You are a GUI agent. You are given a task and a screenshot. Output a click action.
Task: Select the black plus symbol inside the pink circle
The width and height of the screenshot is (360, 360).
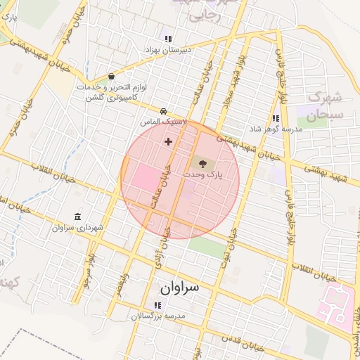(168, 141)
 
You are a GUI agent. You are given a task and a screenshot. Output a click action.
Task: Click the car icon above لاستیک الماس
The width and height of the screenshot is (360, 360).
(163, 111)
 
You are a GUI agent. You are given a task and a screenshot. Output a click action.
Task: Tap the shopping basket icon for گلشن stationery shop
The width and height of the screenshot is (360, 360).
(111, 77)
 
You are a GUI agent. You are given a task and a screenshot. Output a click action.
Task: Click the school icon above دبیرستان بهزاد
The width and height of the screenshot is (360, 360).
(167, 39)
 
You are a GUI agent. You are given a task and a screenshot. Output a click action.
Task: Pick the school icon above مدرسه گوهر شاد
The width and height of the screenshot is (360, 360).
(276, 118)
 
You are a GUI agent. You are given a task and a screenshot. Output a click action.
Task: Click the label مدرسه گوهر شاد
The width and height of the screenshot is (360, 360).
(276, 129)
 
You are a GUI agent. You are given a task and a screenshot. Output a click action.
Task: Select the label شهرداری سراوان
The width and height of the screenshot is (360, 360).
(77, 228)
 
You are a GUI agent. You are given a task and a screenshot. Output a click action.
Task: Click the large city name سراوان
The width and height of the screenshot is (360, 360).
(179, 288)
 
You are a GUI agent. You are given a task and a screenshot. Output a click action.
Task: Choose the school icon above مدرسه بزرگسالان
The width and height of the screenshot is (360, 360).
(157, 305)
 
